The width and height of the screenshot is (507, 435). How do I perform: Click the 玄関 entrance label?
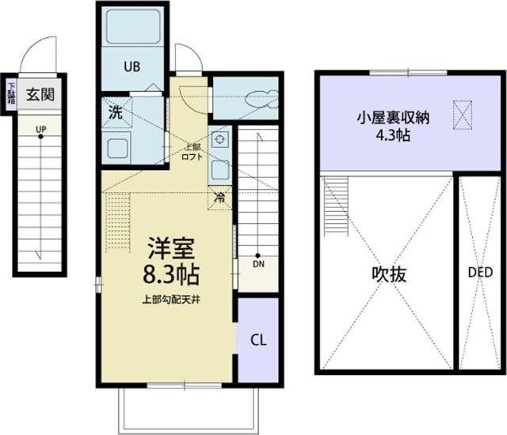pos(40,96)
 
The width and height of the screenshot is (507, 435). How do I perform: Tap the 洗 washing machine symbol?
pos(116,112)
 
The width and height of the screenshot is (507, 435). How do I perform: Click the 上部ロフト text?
pos(194,151)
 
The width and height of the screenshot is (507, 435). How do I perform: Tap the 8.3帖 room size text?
pos(171,274)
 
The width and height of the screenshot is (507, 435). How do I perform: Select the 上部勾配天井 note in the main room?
pos(170,299)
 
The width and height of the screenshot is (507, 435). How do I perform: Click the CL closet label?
pos(258,340)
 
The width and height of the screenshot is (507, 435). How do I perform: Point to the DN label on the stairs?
pos(258,264)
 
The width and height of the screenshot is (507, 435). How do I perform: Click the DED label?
pos(480,273)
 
